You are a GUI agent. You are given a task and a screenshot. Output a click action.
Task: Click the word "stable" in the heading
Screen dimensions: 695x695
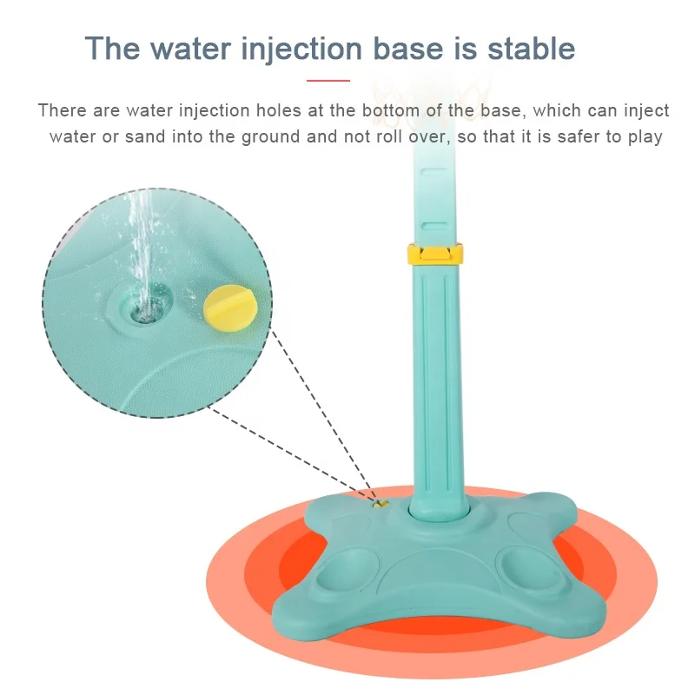pyautogui.click(x=531, y=49)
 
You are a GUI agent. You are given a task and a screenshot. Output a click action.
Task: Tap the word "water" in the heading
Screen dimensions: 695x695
pyautogui.click(x=190, y=49)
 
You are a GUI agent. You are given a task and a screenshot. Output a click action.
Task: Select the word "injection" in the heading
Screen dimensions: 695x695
pyautogui.click(x=301, y=50)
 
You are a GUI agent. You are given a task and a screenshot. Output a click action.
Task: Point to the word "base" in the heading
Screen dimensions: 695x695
pyautogui.click(x=407, y=49)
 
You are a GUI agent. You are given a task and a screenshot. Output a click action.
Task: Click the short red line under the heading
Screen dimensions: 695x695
pyautogui.click(x=328, y=81)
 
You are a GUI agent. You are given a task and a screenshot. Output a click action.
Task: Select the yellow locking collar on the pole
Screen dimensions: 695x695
pyautogui.click(x=435, y=254)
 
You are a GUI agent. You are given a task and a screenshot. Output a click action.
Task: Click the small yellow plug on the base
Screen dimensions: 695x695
pyautogui.click(x=381, y=504)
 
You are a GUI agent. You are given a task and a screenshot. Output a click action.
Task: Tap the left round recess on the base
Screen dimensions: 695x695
pyautogui.click(x=348, y=570)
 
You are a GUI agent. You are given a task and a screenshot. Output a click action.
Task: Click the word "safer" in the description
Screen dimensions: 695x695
pyautogui.click(x=582, y=136)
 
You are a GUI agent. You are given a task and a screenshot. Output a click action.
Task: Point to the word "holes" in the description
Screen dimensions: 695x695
pyautogui.click(x=279, y=110)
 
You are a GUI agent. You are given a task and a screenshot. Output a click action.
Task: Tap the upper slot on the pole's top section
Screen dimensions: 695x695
pyautogui.click(x=434, y=172)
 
